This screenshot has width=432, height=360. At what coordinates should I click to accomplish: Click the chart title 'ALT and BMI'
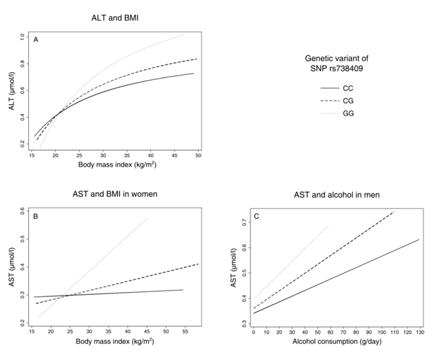114,16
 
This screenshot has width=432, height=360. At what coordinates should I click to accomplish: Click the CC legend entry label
348,88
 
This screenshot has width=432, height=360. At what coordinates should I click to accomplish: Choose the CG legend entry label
348,101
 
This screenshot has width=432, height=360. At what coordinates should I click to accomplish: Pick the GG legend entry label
348,113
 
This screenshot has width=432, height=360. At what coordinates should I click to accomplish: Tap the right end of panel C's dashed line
394,211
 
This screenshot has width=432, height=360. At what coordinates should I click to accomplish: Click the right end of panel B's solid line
184,290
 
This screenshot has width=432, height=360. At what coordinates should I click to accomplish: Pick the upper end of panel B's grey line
148,218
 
